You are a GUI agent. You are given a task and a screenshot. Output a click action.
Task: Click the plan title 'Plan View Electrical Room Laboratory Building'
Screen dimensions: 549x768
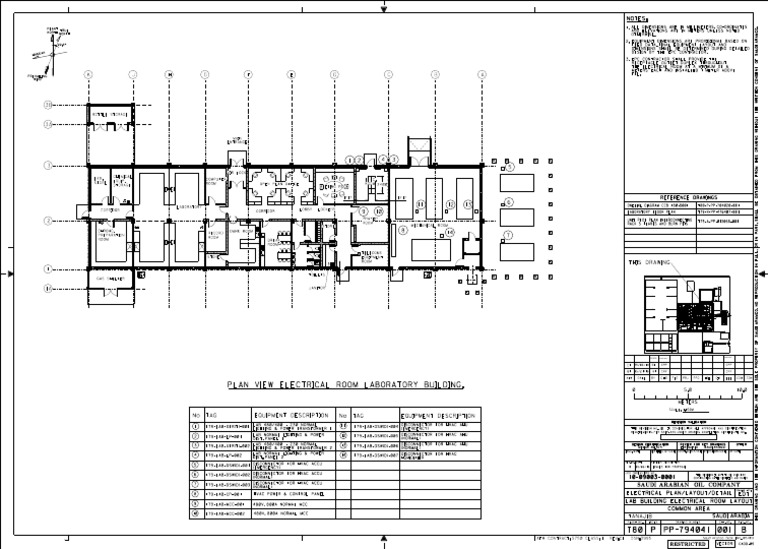(345, 384)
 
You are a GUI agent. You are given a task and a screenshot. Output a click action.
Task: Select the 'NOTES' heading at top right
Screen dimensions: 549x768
(637, 18)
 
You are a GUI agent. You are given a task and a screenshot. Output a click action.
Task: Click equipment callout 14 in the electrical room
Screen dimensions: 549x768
(450, 232)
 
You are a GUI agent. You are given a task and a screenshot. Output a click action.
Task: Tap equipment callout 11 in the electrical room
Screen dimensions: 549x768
(421, 204)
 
